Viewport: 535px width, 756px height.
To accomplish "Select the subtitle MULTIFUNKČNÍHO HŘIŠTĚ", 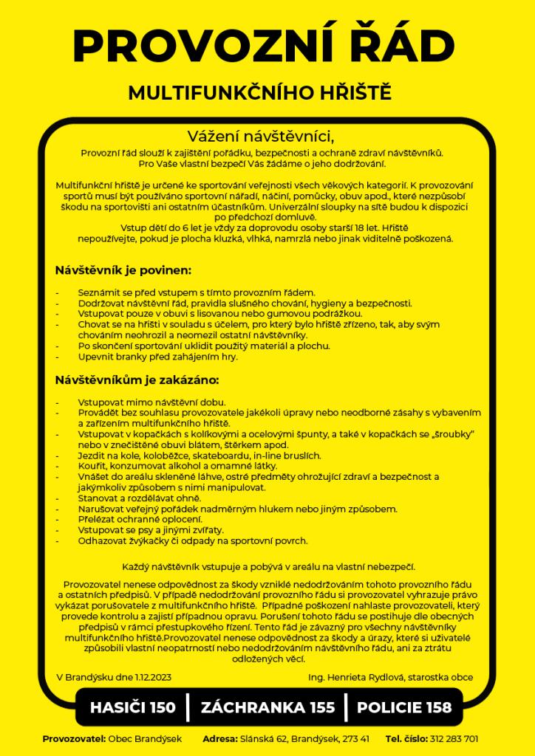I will coord(259,94).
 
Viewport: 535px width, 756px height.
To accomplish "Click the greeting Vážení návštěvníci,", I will coord(262,137).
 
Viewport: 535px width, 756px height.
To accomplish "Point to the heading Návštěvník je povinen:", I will coord(123,270).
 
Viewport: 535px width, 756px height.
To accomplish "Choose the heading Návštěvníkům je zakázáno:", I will coord(137,381).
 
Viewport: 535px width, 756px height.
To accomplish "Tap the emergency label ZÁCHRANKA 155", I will coord(267,707).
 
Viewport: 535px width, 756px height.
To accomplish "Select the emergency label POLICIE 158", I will coord(403,707).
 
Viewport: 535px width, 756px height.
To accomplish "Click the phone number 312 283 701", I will coord(454,738).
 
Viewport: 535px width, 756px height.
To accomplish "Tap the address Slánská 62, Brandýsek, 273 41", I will coord(304,738).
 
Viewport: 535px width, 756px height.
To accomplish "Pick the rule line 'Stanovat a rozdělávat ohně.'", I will coord(130,498).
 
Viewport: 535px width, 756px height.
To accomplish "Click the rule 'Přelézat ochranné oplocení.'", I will coord(129,520).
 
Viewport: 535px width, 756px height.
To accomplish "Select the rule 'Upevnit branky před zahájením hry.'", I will coord(158,357).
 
